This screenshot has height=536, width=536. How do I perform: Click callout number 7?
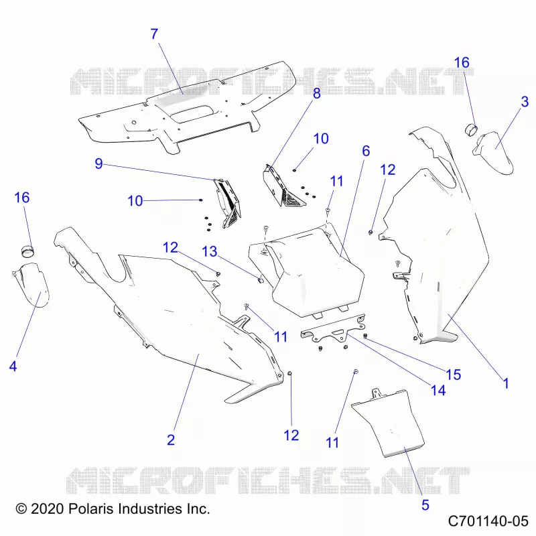click(x=155, y=34)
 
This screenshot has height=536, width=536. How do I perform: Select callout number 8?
click(x=317, y=93)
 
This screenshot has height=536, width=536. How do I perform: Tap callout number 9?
click(x=98, y=163)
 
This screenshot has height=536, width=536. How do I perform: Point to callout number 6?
click(x=366, y=151)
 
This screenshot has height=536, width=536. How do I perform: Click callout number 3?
click(x=525, y=102)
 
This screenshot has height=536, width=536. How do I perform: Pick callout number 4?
click(x=13, y=366)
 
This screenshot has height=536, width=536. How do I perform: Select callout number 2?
click(x=171, y=440)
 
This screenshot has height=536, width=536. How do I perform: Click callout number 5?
click(x=425, y=505)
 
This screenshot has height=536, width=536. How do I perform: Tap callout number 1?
click(x=506, y=383)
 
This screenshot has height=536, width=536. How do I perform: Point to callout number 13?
click(x=210, y=252)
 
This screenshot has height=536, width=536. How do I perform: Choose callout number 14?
click(x=438, y=391)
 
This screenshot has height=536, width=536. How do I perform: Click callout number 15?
click(x=454, y=375)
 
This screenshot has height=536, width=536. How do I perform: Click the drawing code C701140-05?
click(x=488, y=521)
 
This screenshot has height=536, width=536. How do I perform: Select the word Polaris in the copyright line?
click(x=91, y=509)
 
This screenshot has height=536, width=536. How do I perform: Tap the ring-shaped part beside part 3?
click(x=471, y=130)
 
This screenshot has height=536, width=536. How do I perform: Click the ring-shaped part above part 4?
click(x=27, y=251)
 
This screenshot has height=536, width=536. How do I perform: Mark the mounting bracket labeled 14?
click(x=333, y=329)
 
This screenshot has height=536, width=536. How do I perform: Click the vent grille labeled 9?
click(x=227, y=204)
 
